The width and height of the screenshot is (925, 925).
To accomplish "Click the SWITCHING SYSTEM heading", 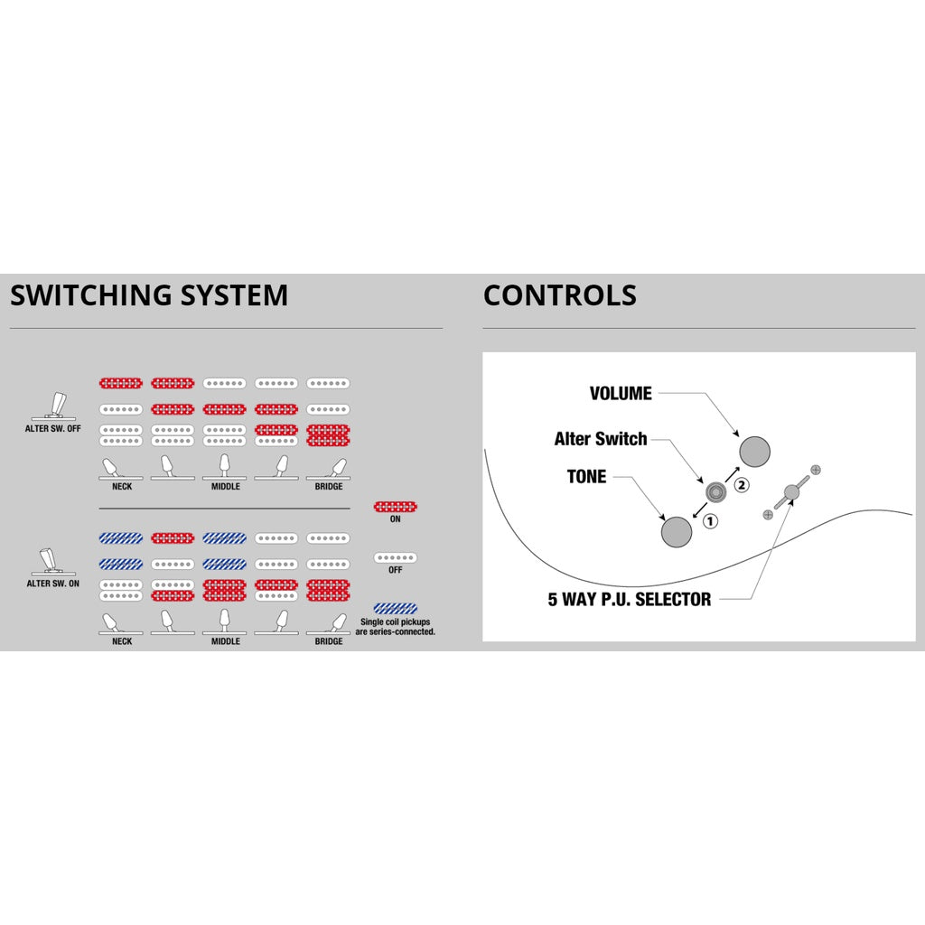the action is click(149, 295).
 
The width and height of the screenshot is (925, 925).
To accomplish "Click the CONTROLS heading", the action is click(560, 295).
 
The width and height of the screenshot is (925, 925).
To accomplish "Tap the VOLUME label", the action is click(621, 394).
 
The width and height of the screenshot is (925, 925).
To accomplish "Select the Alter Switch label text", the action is click(601, 439).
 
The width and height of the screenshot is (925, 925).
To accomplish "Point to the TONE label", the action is click(586, 477).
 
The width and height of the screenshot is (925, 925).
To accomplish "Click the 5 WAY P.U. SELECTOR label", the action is click(630, 600).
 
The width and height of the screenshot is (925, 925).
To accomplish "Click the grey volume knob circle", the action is click(754, 452).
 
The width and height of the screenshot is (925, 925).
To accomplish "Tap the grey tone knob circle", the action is click(677, 531).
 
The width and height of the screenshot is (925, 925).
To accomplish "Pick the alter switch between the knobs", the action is click(715, 491).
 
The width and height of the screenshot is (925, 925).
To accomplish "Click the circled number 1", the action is click(710, 521).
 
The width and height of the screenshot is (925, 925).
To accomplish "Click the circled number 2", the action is click(742, 485).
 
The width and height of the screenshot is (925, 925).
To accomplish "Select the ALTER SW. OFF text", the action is click(53, 429).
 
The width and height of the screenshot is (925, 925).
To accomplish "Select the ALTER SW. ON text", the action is click(53, 584).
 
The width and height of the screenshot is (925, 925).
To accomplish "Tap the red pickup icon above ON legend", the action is click(396, 507).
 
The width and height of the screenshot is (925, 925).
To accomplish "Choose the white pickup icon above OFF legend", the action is click(396, 557).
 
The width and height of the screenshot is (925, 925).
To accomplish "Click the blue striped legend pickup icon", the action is click(396, 608).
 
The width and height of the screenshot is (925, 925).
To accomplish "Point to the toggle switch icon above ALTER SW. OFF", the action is click(53, 406).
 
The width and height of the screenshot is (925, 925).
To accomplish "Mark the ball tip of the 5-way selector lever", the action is click(791, 492).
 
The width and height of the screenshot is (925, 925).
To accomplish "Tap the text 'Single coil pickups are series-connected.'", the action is click(396, 627).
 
